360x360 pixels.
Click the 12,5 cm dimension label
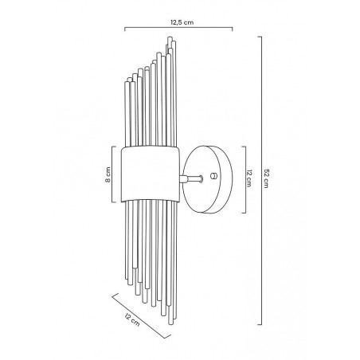(x=182, y=22)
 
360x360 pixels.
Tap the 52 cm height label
(x=266, y=178)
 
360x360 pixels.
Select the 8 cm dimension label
(x=108, y=174)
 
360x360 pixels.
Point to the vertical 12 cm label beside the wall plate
(x=249, y=178)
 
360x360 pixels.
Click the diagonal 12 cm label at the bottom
(x=132, y=319)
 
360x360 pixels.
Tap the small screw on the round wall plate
(x=213, y=175)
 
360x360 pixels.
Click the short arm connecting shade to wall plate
(x=191, y=178)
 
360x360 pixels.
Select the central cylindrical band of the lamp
(x=151, y=174)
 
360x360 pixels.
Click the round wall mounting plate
(x=208, y=179)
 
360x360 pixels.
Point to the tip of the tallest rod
(x=170, y=37)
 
